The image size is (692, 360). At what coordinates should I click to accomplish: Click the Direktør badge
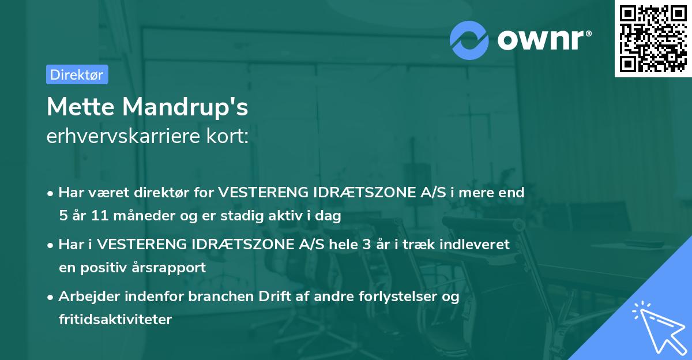point(77,74)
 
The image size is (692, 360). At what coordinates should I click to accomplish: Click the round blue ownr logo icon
point(469,40)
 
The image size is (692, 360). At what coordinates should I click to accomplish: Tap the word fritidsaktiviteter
point(115,320)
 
